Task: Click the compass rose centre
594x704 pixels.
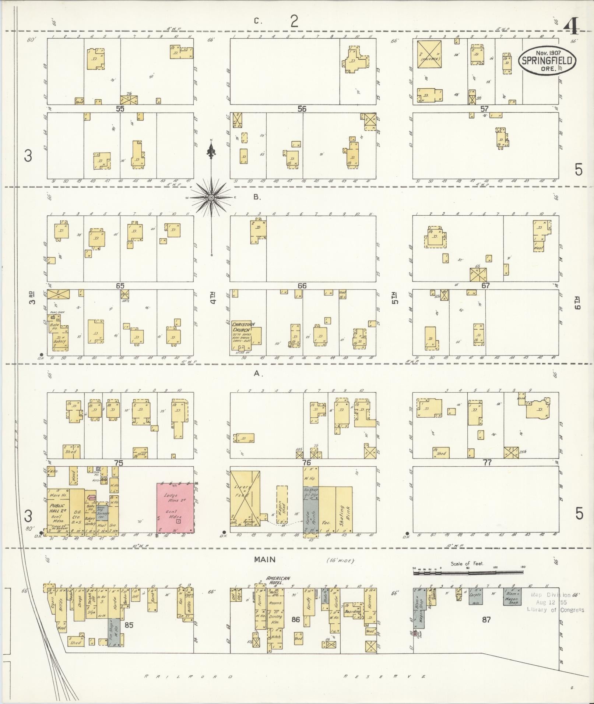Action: tap(211, 198)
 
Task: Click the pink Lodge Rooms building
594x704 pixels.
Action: tap(175, 507)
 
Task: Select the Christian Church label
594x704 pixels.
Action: tap(241, 327)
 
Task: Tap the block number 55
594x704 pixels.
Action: tap(120, 109)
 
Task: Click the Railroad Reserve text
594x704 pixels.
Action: tap(285, 676)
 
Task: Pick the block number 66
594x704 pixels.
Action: tap(302, 286)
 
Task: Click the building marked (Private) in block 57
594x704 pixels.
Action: tap(429, 54)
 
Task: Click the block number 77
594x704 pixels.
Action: tap(487, 463)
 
